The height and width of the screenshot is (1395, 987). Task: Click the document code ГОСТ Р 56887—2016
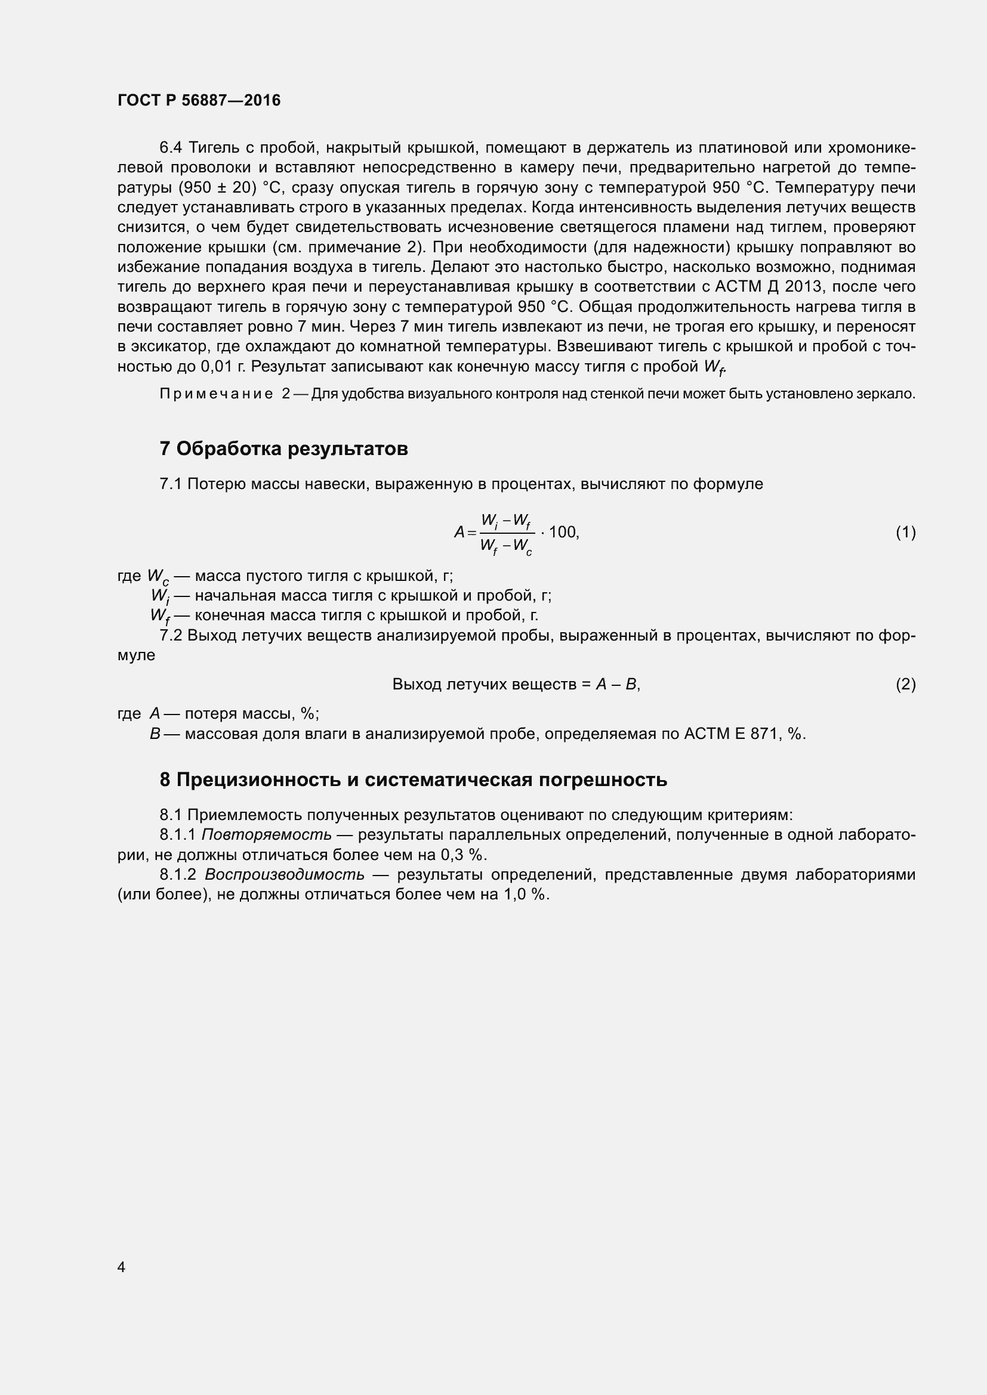click(x=199, y=100)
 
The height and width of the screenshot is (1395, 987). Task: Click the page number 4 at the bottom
click(x=122, y=1267)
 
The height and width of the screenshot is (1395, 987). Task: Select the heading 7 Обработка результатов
click(x=284, y=449)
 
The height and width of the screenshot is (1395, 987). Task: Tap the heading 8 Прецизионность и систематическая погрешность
click(x=414, y=780)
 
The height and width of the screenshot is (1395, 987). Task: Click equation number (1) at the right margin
click(x=906, y=532)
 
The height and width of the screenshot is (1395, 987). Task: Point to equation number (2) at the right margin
click(x=906, y=685)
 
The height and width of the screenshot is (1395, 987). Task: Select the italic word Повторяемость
click(x=267, y=835)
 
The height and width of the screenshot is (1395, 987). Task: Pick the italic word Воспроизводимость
click(x=285, y=875)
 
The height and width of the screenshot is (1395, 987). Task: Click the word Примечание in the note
click(x=216, y=394)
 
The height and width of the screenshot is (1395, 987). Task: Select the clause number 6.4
click(x=171, y=148)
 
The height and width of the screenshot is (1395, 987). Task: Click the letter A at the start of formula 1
click(x=459, y=533)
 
